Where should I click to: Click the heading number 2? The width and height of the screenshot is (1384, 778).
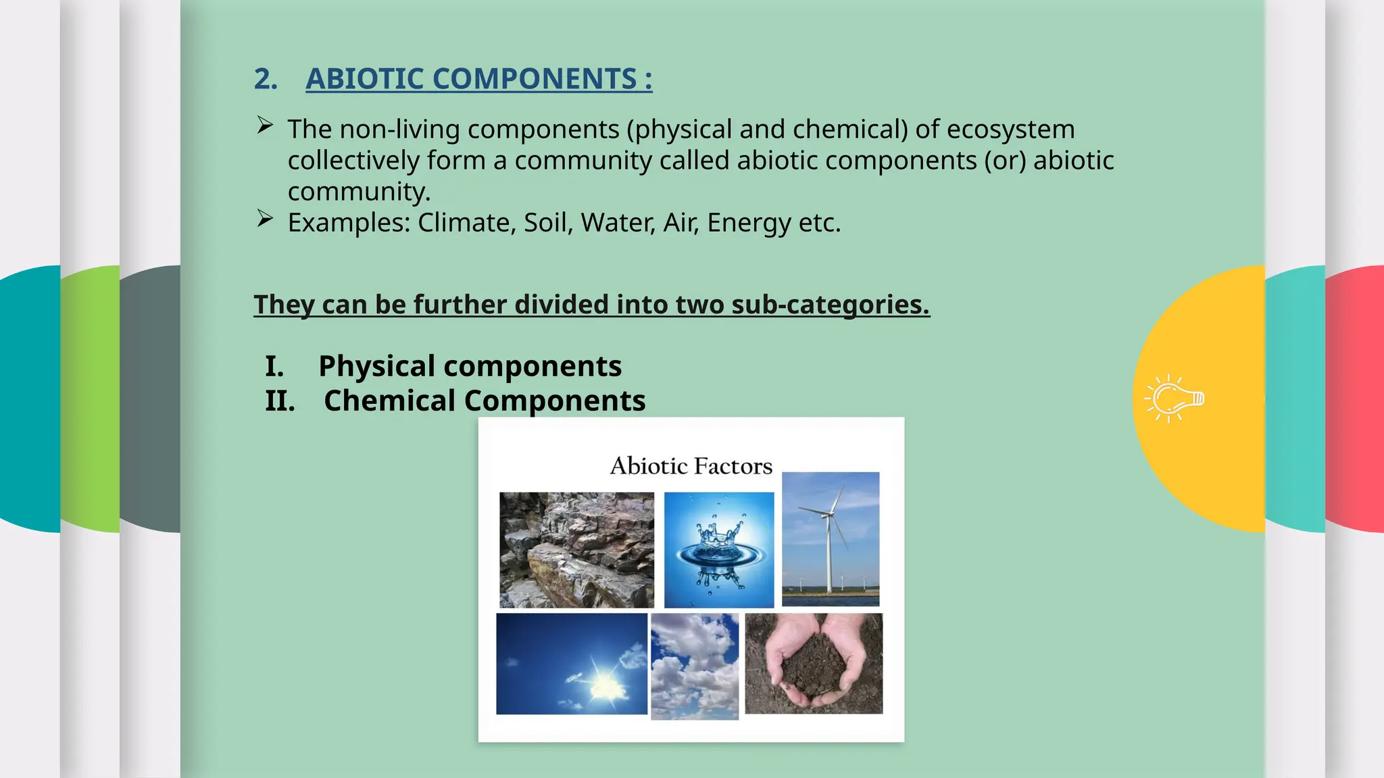coord(265,79)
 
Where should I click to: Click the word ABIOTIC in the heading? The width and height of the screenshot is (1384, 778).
coord(365,79)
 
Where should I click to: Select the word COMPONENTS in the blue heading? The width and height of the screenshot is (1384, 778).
coord(535,79)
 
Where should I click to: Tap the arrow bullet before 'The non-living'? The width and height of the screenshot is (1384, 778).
coord(265,126)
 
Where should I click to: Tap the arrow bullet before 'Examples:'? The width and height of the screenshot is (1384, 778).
coord(265,219)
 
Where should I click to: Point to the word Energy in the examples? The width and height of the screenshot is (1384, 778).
coord(748,223)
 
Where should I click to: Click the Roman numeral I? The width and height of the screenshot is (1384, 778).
coord(274,366)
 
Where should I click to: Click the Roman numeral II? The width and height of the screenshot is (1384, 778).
coord(280,401)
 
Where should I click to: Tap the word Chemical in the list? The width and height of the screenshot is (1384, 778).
coord(390,401)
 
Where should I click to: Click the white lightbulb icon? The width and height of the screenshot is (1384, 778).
coord(1175,398)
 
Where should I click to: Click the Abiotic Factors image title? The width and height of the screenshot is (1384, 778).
coord(691,466)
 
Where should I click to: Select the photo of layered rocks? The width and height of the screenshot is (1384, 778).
coord(576,550)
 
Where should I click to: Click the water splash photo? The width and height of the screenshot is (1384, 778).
coord(718,550)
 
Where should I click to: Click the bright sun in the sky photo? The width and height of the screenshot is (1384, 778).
coord(605,685)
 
